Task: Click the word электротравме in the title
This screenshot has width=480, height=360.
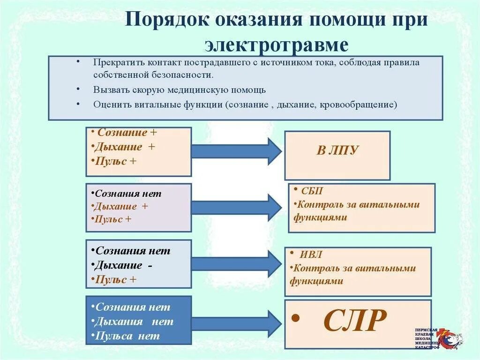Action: click(x=276, y=45)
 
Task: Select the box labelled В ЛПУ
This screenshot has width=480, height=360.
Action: click(x=337, y=155)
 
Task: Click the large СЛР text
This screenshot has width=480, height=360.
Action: click(x=355, y=321)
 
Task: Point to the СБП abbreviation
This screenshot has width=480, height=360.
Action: click(x=311, y=191)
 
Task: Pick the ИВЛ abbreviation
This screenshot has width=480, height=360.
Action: click(x=312, y=255)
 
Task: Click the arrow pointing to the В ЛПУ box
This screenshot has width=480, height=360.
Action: click(x=236, y=151)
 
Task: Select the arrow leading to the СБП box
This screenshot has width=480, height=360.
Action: click(x=236, y=207)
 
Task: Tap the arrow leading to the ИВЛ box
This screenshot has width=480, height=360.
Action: click(x=236, y=263)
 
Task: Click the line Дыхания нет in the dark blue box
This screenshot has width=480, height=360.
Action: click(x=134, y=322)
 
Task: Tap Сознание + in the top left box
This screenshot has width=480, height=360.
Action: click(x=127, y=133)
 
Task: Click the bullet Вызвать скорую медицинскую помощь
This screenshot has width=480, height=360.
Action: click(x=179, y=90)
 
